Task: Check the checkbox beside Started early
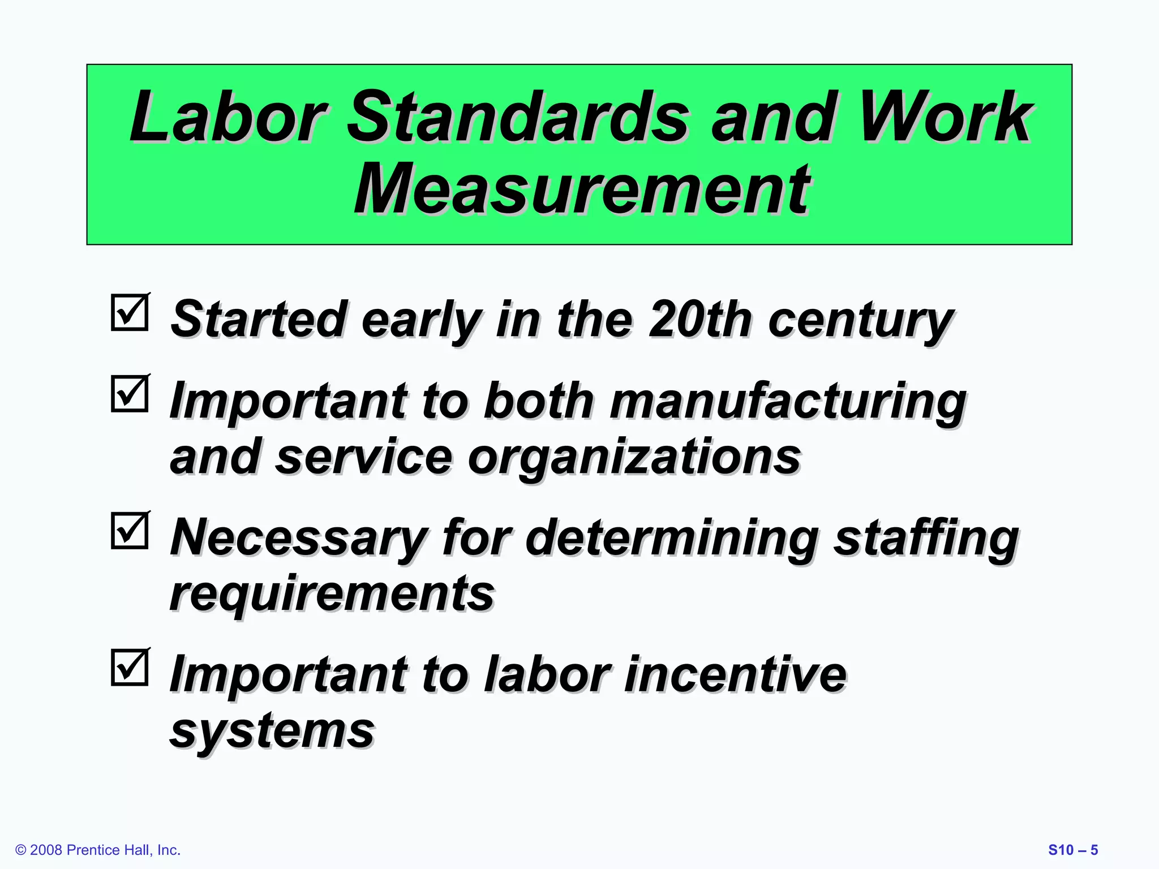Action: [130, 312]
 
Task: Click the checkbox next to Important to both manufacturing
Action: [130, 394]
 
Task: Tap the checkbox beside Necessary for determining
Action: [130, 531]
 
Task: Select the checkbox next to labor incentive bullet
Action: [130, 668]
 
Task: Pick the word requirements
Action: [332, 593]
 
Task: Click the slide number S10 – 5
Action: [1073, 850]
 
